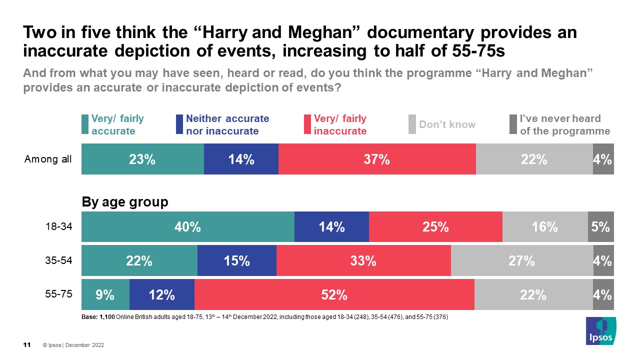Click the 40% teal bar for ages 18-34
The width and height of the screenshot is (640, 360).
(x=187, y=227)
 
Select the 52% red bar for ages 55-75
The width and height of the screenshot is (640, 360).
(x=334, y=295)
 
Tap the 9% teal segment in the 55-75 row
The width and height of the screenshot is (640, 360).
(x=105, y=295)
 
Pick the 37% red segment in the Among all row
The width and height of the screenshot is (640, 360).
(x=377, y=159)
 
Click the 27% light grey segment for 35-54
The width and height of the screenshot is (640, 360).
(x=522, y=260)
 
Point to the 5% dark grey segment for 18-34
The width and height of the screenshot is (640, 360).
(x=600, y=227)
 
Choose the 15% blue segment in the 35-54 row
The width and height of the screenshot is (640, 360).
(x=236, y=260)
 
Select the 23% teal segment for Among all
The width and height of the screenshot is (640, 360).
(x=142, y=159)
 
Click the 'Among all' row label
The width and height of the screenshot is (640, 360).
(x=48, y=159)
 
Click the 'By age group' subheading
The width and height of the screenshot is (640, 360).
(x=125, y=202)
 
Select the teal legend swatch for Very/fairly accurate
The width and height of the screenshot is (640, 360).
(x=85, y=124)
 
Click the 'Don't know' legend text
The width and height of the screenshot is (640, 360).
(x=447, y=124)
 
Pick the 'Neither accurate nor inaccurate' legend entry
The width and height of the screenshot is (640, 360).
(x=227, y=124)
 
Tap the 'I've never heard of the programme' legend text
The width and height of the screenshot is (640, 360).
(x=565, y=124)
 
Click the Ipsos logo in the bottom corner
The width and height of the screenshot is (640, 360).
(x=600, y=331)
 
